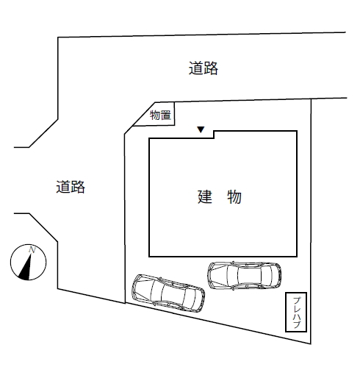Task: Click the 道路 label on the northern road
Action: click(x=203, y=68)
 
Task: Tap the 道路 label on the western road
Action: click(x=71, y=187)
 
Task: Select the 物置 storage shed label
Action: click(x=160, y=115)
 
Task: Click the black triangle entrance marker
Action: click(x=201, y=129)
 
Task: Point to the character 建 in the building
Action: click(x=205, y=196)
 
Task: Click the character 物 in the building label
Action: click(x=234, y=196)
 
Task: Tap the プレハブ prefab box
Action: click(x=296, y=312)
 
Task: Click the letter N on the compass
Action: click(x=32, y=250)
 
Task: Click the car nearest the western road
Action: click(x=168, y=293)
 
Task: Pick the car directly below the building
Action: click(x=244, y=275)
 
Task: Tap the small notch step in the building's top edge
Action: click(x=214, y=135)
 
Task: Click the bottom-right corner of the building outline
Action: click(x=297, y=257)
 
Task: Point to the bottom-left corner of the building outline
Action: click(x=149, y=257)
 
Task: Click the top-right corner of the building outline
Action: click(x=297, y=131)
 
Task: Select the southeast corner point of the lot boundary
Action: click(x=311, y=343)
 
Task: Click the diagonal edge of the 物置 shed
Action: click(x=144, y=114)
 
